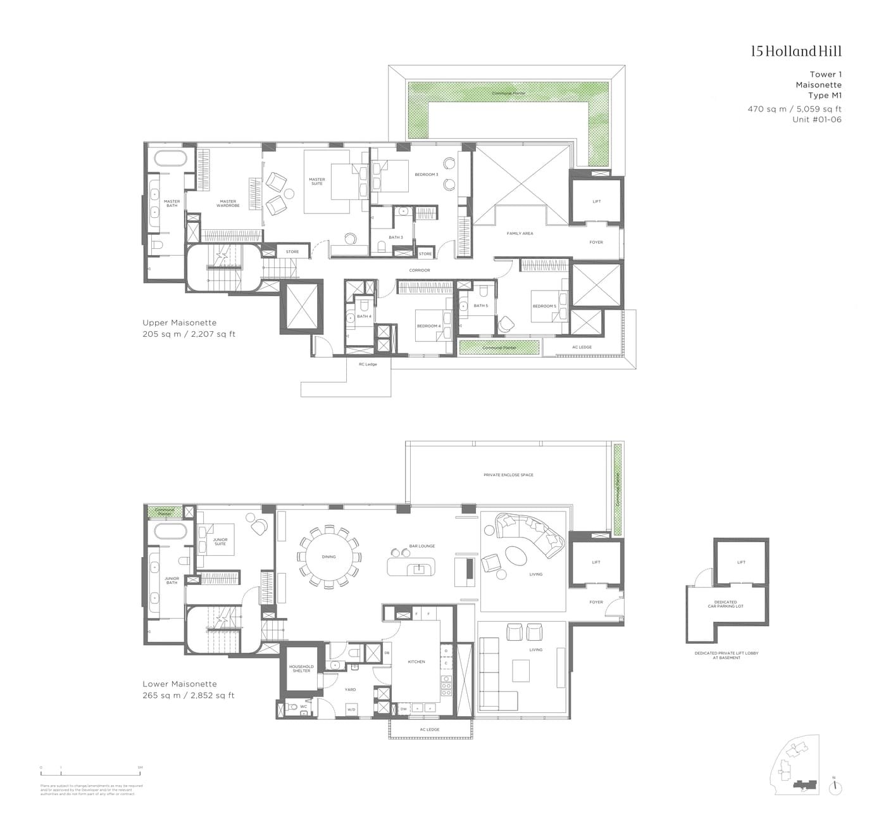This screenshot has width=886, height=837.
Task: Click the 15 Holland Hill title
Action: coord(796,52)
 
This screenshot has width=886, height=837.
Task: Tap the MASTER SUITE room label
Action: coord(317,182)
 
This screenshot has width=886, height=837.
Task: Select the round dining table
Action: coord(328,557)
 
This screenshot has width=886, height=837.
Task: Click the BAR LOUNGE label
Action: coord(422,546)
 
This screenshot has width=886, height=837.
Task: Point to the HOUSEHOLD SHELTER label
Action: coord(301,669)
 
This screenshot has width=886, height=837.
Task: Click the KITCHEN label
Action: coord(416,662)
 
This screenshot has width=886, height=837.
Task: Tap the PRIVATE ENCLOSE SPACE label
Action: coord(508,475)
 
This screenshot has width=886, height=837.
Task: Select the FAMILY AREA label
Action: coord(520,234)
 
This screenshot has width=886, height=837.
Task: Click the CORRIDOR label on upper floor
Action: coord(419,270)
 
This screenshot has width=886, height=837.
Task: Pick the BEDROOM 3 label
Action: coord(426,174)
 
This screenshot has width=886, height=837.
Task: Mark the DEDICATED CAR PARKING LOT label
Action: coord(725,604)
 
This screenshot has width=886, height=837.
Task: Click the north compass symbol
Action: coord(835,787)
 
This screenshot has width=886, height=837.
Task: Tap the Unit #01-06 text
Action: coord(816,120)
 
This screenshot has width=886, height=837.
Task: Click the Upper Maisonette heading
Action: coord(180,323)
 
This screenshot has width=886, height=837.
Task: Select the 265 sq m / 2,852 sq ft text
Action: coord(189,695)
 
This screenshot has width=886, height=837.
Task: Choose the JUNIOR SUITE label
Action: coord(220,541)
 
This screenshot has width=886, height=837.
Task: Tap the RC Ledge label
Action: coord(368,364)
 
